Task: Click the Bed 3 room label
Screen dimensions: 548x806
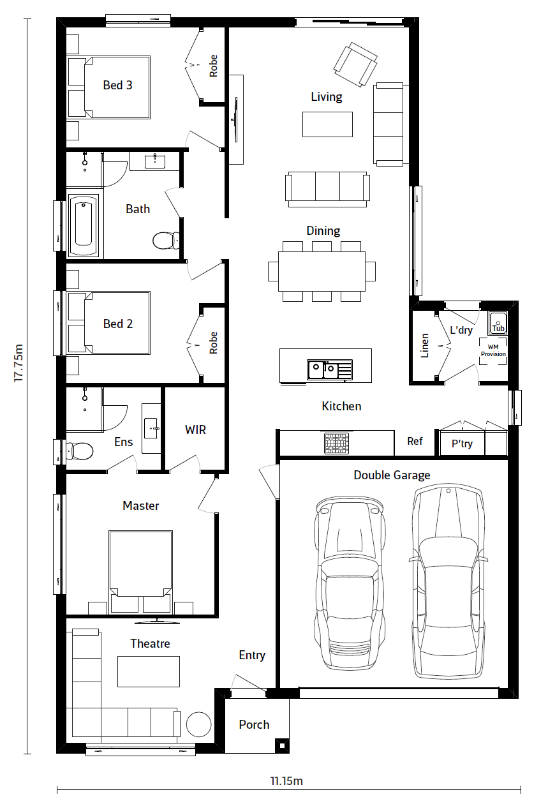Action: coord(117,86)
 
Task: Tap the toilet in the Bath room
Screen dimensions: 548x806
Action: coord(165,241)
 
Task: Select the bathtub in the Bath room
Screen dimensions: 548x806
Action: coord(83,225)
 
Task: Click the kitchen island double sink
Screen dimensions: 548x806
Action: coord(330,369)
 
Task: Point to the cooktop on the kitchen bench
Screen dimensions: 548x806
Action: coord(336,444)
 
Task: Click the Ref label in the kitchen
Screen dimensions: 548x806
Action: coord(415,441)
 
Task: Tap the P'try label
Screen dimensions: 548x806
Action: coord(462,444)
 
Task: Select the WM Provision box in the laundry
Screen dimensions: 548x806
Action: coord(493,351)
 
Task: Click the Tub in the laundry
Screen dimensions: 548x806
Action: coord(498,322)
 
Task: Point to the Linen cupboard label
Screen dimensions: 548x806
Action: coord(425,345)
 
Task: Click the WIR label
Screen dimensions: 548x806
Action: coord(195,429)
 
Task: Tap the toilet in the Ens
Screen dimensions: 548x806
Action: coord(80,451)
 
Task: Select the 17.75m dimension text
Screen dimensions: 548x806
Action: coord(19,363)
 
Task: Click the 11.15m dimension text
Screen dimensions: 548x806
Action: coord(286,781)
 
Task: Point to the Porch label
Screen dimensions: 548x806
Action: coord(254,724)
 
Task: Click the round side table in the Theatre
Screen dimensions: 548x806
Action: coord(198,724)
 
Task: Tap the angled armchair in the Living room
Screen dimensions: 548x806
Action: coord(355,64)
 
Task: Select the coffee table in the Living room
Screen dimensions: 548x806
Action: coord(327,124)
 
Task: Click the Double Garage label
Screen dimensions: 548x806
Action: coord(392,475)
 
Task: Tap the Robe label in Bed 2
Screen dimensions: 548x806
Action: coord(213,343)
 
